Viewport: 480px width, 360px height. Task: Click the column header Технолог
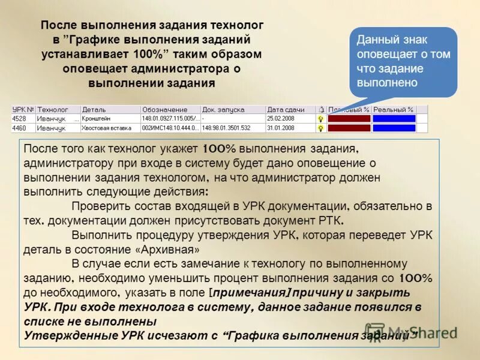[52, 110]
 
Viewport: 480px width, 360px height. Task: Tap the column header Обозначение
[164, 110]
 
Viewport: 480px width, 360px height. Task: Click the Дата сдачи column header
[286, 110]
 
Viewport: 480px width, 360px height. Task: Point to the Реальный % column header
[393, 110]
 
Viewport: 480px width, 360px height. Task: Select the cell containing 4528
[19, 119]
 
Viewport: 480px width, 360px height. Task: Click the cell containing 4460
[19, 128]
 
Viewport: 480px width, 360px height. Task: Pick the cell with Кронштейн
[96, 119]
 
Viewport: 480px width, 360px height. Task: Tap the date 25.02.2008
[281, 119]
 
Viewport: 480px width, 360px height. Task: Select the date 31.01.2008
[281, 128]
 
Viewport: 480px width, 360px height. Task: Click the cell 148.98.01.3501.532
[226, 128]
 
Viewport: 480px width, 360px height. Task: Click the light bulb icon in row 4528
[321, 119]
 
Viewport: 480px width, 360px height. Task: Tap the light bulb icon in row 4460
[321, 128]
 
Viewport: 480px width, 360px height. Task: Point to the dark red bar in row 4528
[349, 119]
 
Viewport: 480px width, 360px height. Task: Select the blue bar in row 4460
[394, 128]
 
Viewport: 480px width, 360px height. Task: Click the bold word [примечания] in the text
[252, 293]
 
